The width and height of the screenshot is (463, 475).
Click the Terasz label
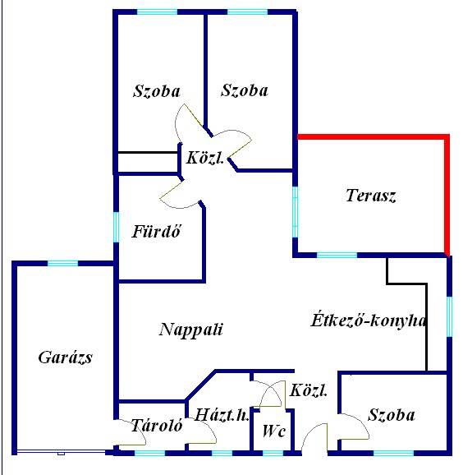pos(371,196)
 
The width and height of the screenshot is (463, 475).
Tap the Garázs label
pos(65,357)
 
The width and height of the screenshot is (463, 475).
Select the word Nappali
pos(191,330)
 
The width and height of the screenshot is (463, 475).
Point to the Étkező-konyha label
pos(369,320)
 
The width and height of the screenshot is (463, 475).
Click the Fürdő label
pos(157,231)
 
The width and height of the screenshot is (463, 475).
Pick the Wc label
pos(274,431)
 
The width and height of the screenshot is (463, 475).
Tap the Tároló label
pos(157,425)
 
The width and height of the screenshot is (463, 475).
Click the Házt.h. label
pos(222,415)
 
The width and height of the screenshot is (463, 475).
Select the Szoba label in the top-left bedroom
pos(157,91)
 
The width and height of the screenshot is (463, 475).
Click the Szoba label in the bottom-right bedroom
pos(391,415)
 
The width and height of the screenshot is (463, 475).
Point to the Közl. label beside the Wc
pos(309,390)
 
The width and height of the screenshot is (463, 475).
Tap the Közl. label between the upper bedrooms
pos(205,158)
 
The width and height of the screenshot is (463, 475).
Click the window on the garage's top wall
pos(62,263)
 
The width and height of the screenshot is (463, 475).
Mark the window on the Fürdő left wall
pos(116,227)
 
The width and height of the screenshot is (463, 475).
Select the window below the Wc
pos(273,454)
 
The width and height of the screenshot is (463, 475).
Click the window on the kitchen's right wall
pos(449,316)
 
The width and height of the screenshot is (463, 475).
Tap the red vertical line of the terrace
pos(447,195)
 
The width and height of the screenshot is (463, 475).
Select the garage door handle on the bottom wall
pos(61,454)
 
